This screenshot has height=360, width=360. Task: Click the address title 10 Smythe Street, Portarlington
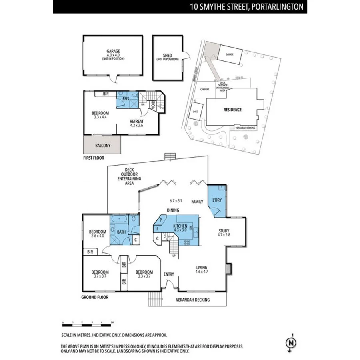coord(247,7)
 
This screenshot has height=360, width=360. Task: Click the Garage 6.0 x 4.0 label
coord(113,54)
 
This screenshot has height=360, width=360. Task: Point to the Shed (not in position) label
coord(167,58)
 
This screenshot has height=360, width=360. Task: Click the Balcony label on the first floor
coord(103,146)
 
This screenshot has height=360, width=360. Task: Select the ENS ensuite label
coord(125,98)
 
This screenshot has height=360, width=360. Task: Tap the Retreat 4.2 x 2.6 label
coord(137,123)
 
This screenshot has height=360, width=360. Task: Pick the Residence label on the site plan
coord(232,110)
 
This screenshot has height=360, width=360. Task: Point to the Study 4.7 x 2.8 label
coord(224,233)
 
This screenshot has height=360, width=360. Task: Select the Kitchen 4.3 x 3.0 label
coord(180,228)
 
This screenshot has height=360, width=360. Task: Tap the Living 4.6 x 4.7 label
coord(202,270)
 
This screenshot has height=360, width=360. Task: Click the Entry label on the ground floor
coord(169,274)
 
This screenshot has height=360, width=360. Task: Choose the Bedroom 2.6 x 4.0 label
coord(98,234)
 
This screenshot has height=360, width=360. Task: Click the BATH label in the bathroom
coord(121,232)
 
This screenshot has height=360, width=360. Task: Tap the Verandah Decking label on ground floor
coord(193,299)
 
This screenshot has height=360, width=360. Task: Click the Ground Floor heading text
coord(95,297)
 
